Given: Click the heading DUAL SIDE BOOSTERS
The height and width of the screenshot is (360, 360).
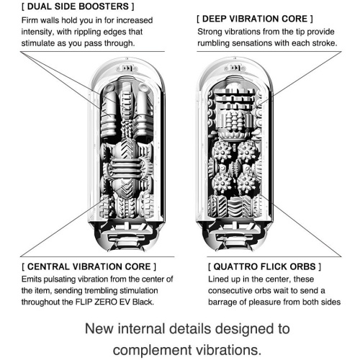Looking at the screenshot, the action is click(78, 6).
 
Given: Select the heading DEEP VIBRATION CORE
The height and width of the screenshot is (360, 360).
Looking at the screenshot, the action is click(255, 19).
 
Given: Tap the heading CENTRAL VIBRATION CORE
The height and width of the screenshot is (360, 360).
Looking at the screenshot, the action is click(89, 266).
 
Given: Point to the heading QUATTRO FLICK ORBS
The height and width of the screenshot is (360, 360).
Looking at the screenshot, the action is click(264, 266).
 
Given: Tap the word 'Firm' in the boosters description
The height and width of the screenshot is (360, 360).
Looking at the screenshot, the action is click(29, 20).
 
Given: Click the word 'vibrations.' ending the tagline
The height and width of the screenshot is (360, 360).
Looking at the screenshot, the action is click(229, 350).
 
